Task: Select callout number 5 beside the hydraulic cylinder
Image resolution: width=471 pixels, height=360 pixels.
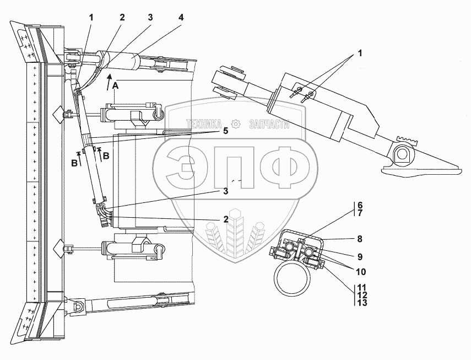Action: click(225, 131)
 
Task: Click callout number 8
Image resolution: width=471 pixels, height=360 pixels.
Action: click(359, 239)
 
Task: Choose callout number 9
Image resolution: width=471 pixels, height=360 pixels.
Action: click(359, 256)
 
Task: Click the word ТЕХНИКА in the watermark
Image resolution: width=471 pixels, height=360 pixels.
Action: click(204, 124)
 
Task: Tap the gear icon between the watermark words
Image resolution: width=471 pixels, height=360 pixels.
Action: click(236, 124)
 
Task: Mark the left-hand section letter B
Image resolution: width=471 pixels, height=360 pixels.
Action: click(73, 163)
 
